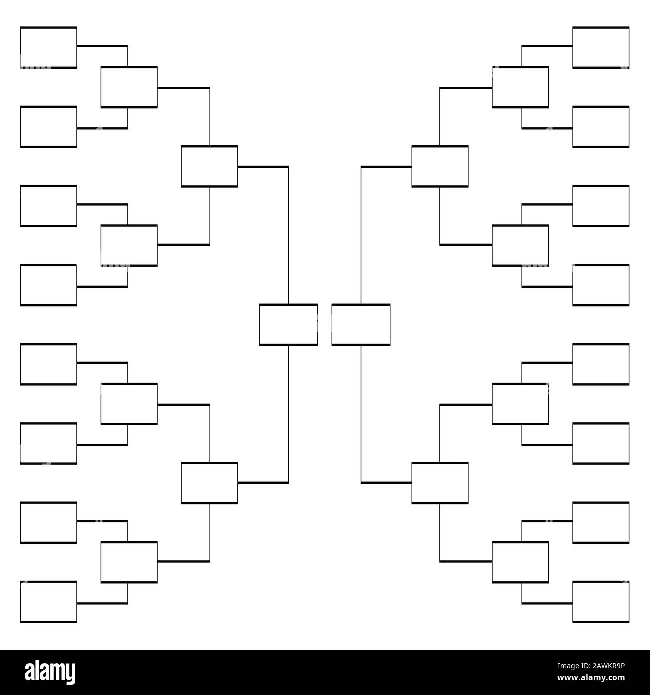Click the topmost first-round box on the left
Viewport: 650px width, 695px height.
[x=48, y=47]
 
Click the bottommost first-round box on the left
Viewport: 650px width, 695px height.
[x=48, y=602]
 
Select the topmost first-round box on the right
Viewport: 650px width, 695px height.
[x=600, y=47]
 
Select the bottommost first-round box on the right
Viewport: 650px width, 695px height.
[x=600, y=602]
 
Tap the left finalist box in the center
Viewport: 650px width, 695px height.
[x=288, y=324]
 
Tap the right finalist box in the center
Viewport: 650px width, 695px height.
[x=361, y=324]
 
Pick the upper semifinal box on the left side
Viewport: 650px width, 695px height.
[x=209, y=166]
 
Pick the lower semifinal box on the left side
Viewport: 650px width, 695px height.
[x=209, y=483]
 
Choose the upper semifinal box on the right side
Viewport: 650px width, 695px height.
[x=440, y=166]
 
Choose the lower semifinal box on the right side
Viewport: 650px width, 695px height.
[x=440, y=483]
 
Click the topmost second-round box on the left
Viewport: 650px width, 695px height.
[x=129, y=87]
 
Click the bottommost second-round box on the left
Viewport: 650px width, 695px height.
[x=129, y=562]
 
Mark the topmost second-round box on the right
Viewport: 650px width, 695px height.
[x=520, y=87]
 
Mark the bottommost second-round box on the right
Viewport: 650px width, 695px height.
[x=520, y=562]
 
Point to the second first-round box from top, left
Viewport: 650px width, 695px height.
[x=48, y=127]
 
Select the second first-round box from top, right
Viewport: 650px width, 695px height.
[x=600, y=127]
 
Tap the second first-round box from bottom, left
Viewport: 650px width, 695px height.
[x=48, y=522]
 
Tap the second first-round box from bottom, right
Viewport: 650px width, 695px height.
[x=600, y=522]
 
